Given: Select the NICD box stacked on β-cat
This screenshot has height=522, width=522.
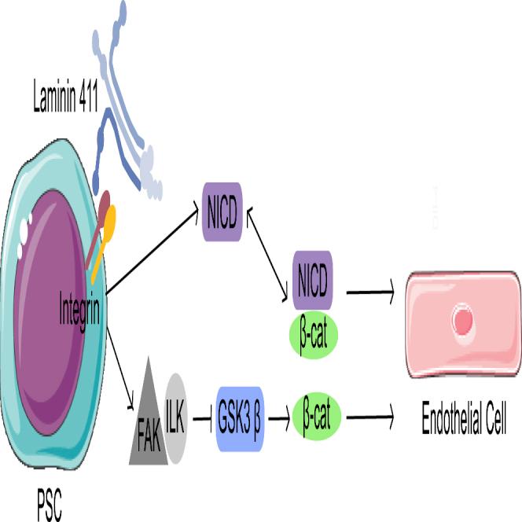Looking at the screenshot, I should click(314, 280).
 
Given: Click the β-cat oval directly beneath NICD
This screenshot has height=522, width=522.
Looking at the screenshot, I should click(314, 335).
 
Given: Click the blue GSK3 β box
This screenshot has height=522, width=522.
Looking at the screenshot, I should click(239, 417).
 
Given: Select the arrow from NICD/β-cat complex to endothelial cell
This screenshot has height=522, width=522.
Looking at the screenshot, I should click(369, 293).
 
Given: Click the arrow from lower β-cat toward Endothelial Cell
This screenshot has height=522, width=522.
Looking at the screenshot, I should click(369, 417).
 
